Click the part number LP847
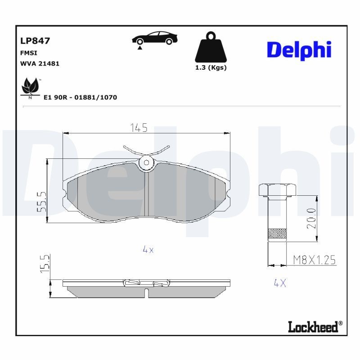[x=35, y=41]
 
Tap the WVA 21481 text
[x=40, y=63]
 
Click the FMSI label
[x=29, y=53]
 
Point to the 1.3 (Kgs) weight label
[x=210, y=67]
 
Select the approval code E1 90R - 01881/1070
[x=80, y=97]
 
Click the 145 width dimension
[x=139, y=128]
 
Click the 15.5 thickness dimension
[x=44, y=264]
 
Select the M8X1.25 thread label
[x=314, y=260]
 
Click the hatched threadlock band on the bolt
[x=277, y=234]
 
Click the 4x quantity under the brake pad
[x=148, y=250]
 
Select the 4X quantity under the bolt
[x=280, y=283]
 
